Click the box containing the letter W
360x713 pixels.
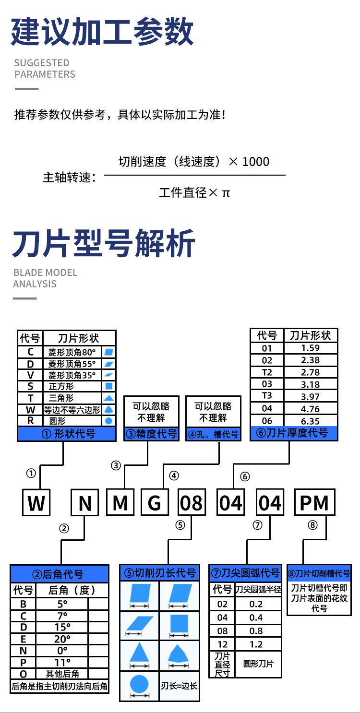(x=36, y=502)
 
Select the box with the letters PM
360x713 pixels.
(x=314, y=502)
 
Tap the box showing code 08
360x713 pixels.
(x=191, y=502)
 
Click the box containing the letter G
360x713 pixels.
(x=154, y=502)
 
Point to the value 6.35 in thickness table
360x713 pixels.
(x=311, y=421)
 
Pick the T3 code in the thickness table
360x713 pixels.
(x=267, y=396)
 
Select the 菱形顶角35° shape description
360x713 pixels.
(x=72, y=375)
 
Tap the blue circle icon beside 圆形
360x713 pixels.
(x=109, y=421)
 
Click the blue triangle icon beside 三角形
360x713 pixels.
(x=109, y=398)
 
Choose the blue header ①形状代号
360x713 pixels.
(x=67, y=434)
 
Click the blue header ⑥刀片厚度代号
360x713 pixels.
(x=294, y=433)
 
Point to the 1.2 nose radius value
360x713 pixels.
(x=256, y=644)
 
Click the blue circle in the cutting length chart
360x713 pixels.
(x=139, y=682)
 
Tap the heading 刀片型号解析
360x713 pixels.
(x=104, y=243)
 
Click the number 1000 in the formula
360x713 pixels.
(x=256, y=162)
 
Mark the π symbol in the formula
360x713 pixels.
(x=226, y=193)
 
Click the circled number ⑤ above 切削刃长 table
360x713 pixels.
(x=180, y=525)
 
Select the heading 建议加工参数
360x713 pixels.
(x=102, y=32)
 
